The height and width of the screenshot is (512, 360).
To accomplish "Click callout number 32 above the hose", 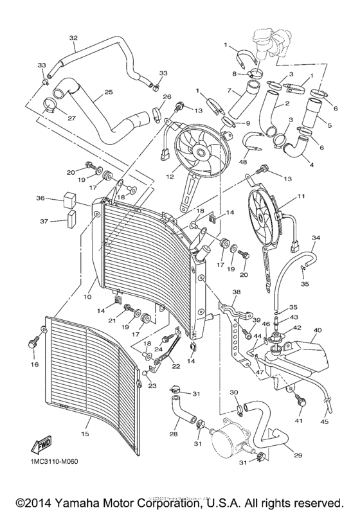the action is coord(73,37).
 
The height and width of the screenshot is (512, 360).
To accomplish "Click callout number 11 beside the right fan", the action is coord(301,196).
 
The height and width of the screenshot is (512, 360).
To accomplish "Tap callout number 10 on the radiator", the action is coord(87,297).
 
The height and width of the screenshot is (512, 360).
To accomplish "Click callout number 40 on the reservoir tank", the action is coord(317,330).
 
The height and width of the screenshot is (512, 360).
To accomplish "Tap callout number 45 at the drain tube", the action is coord(324,422).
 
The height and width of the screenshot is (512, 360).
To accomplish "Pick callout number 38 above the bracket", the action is coord(237,292).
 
